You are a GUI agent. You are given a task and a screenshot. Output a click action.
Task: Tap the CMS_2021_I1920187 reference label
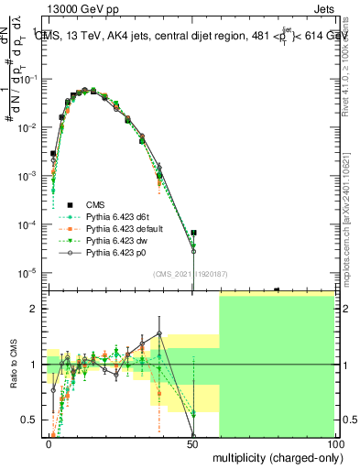(x=190, y=274)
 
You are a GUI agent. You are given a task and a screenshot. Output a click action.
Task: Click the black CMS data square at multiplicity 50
(x=193, y=234)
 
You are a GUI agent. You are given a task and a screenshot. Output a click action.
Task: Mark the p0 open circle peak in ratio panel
(x=159, y=333)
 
